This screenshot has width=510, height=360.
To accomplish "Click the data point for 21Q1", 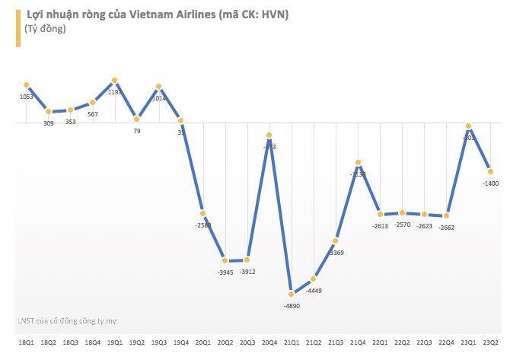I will tap(291, 294).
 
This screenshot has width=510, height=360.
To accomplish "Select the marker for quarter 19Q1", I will tap(114, 81).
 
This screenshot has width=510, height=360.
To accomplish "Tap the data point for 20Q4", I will tap(269, 135).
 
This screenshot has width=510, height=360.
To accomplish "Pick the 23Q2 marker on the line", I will tap(490, 171).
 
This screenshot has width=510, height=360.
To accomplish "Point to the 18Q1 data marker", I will tap(26, 85).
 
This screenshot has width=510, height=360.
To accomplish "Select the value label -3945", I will tap(225, 272).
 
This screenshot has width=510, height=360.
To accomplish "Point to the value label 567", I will tap(92, 114).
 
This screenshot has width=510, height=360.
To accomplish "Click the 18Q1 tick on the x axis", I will tap(26, 343).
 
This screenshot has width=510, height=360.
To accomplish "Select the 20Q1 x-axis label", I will tap(202, 343).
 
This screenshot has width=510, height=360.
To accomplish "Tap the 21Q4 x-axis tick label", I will tap(357, 343).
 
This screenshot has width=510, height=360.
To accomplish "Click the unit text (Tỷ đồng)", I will tap(45, 30).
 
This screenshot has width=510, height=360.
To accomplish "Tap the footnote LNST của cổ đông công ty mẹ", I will tap(66, 321).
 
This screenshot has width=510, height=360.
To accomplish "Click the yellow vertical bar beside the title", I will tap(18, 25).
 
